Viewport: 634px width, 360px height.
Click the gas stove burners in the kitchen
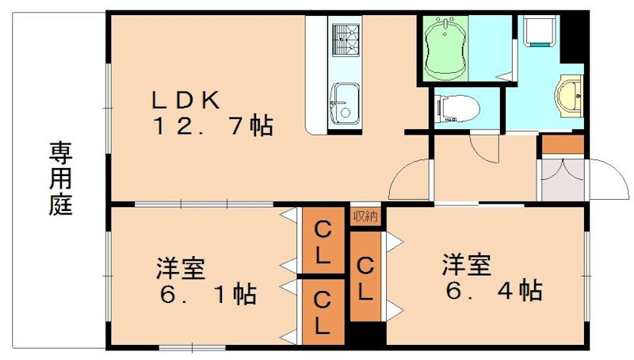pos(344,40)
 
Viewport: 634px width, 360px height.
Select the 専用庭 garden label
pos(60,178)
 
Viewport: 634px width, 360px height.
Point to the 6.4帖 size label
pos(492,290)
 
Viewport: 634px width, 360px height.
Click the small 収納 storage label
pos(365,216)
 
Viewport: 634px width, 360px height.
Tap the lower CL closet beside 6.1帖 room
pos(323,312)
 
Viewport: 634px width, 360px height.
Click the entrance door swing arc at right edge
pos(605,179)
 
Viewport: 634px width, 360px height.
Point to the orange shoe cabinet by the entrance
pos(562,144)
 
